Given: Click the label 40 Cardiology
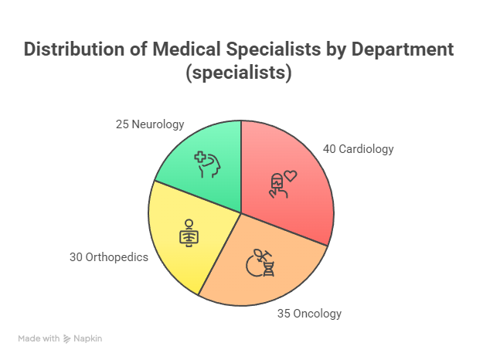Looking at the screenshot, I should pos(358,149).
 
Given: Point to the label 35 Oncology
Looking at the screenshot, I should pos(309,314).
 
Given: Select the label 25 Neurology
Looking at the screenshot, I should pos(150,124).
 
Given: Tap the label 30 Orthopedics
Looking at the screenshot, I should pos(108,257).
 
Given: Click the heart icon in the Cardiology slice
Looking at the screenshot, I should pos(290,176).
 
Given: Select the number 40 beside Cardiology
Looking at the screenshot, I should pos(328,149).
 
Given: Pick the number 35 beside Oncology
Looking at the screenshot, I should pos(284,314).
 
